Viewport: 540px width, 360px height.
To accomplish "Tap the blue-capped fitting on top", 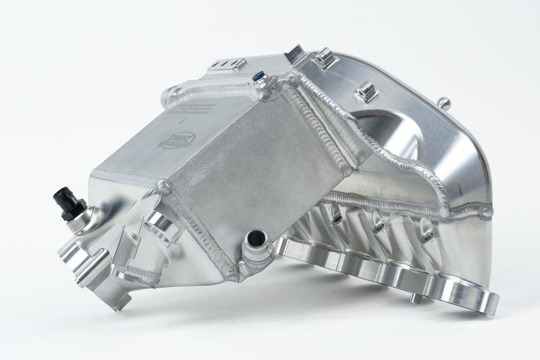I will (258, 79).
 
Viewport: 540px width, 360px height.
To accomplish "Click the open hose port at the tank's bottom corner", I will (257, 239).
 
